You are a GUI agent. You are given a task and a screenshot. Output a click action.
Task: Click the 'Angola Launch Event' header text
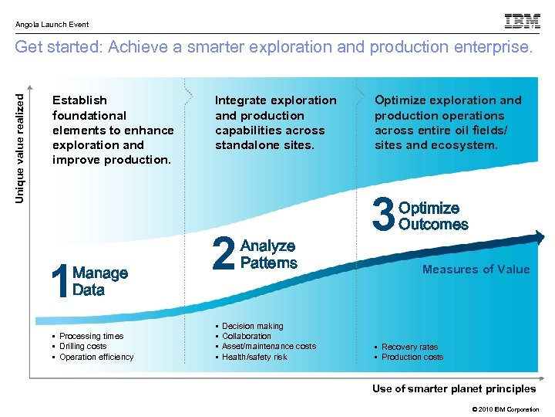coord(52,25)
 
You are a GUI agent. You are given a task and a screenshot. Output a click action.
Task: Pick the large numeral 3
coord(383,216)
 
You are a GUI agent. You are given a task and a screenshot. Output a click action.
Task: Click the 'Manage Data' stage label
coord(99,282)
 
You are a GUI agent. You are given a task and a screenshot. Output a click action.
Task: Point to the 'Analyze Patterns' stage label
coord(268,255)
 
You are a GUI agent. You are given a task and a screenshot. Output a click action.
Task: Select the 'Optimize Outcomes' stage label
coord(433,216)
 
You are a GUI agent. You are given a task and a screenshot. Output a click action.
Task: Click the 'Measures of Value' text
coord(476,270)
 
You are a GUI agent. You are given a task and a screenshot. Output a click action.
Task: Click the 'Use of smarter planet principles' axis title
coord(453,388)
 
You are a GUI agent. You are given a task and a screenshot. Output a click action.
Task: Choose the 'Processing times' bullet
coord(91,336)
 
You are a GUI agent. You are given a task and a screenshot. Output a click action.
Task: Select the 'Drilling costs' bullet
coord(82,346)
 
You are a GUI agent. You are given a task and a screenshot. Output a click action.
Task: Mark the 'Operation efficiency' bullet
coord(96,357)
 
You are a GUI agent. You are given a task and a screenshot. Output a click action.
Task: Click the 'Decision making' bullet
coord(252,326)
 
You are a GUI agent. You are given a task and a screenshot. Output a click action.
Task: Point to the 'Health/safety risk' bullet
coord(254,357)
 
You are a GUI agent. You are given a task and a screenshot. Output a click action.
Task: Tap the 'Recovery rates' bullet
coord(409,347)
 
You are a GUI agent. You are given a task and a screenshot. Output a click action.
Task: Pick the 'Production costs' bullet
coord(412,357)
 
